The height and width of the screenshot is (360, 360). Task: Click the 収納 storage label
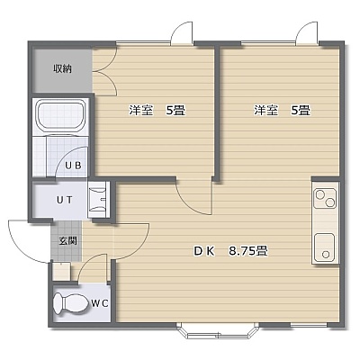[63, 69]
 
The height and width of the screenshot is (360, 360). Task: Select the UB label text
[74, 166]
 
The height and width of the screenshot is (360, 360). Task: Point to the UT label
[65, 200]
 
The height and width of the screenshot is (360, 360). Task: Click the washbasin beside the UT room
[98, 200]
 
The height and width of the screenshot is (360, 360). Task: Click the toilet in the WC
[70, 303]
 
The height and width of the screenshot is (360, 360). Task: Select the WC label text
[100, 303]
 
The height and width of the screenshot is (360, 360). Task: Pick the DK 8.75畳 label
[230, 251]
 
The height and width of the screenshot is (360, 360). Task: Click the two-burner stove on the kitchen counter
[325, 198]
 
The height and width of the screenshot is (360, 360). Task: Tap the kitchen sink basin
[325, 247]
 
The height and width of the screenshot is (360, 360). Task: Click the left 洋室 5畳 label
[157, 111]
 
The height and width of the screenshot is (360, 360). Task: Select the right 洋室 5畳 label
[282, 111]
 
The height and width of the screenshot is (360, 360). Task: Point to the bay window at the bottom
[218, 333]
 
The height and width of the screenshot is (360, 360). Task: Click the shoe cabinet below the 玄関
[62, 272]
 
